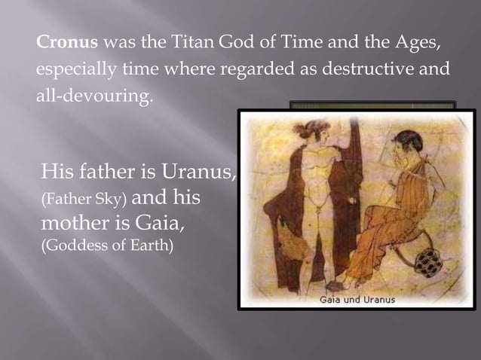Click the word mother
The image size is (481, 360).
(x=78, y=224)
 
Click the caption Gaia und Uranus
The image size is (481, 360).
(x=357, y=299)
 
